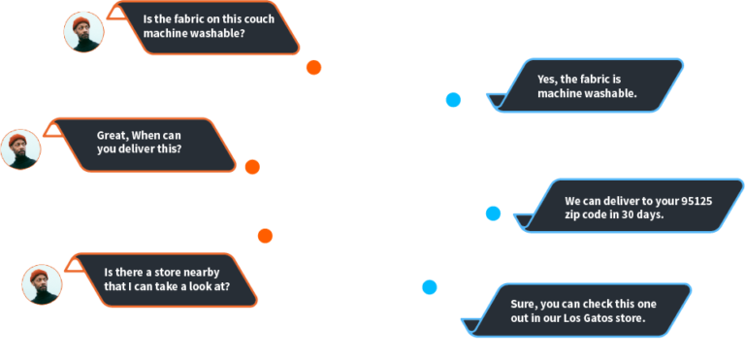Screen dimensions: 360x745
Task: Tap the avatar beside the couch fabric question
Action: [83, 32]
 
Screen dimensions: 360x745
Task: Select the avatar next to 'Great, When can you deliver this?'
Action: [20, 149]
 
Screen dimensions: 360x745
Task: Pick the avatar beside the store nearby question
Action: [42, 284]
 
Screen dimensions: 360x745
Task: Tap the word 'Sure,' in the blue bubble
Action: [525, 303]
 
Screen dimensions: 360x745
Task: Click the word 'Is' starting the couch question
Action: [148, 17]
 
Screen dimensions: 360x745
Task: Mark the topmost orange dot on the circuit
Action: [313, 68]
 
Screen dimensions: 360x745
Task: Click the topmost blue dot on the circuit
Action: [453, 99]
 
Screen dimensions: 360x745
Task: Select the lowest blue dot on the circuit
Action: [429, 287]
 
